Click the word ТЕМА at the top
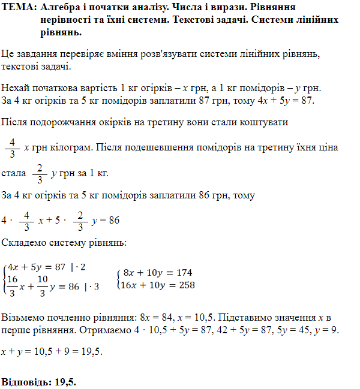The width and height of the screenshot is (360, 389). pos(17,7)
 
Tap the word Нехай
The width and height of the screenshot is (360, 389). pos(16,87)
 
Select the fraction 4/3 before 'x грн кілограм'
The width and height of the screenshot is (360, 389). pos(12,146)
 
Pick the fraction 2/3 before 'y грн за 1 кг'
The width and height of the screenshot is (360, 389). pos(40,173)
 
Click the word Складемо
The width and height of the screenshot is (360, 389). pos(24,243)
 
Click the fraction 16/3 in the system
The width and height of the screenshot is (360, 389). pos(12,286)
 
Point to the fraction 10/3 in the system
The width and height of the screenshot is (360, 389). pos(42,286)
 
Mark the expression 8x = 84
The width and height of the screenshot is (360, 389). pos(155,316)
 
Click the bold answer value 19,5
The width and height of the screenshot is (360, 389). pos(66,381)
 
